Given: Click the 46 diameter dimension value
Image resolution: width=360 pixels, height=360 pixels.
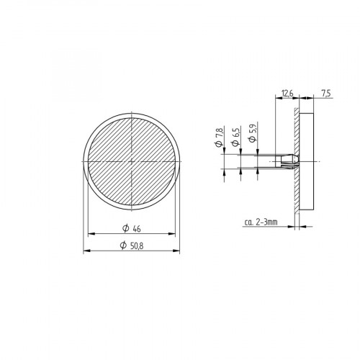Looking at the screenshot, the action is point(137,230).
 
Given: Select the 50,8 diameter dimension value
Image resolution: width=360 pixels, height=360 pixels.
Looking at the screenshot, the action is point(137,246).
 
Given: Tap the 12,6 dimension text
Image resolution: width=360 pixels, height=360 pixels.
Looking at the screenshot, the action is point(287,94).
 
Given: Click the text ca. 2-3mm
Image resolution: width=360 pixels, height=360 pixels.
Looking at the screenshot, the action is point(261,222).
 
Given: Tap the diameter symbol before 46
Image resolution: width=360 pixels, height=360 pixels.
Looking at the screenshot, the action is point(126,228).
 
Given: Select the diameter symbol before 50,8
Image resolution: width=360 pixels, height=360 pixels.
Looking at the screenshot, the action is point(123,246).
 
